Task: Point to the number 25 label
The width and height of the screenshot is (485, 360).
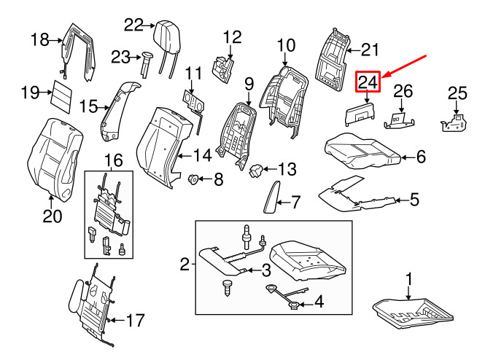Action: point(456,93)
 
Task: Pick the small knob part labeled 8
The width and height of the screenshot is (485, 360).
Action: point(194,179)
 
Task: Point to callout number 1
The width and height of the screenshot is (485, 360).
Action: point(409,278)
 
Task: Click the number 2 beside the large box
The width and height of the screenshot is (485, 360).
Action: point(185,263)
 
